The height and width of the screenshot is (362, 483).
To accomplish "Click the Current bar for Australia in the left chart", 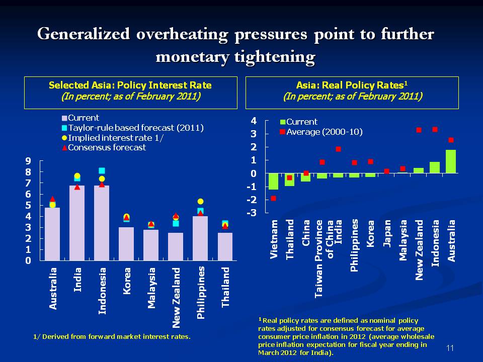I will point(52,234).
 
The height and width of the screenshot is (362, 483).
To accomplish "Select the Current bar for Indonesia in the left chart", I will point(102,223).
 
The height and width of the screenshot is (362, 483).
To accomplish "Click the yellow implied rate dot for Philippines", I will point(200,201).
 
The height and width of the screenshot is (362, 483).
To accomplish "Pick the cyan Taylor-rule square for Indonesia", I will point(102,171).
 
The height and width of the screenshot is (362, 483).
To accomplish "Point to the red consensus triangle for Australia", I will point(52,199).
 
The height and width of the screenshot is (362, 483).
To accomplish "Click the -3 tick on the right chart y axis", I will point(253,213).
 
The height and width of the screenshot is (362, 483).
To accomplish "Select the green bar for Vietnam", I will point(273,182).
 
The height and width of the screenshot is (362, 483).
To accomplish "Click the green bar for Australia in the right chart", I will point(451,161).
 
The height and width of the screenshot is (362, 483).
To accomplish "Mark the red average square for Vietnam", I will point(273,198).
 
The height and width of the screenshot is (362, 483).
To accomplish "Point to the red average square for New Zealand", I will point(419,130).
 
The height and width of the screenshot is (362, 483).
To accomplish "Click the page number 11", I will point(450,348).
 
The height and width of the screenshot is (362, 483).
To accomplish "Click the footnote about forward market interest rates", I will point(108,336).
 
